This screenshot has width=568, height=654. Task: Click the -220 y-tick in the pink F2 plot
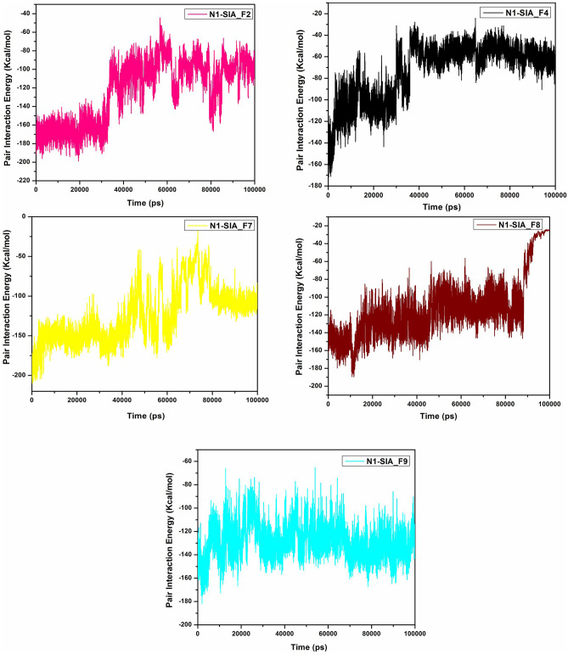coord(23,181)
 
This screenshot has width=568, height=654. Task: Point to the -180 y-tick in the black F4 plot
coord(316,186)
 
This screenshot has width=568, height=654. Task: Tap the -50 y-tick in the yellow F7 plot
coord(21,255)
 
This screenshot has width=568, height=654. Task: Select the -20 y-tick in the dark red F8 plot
coord(316,226)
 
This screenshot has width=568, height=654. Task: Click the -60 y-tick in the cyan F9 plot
coord(186,461)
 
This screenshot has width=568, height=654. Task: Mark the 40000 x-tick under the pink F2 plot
coord(124,190)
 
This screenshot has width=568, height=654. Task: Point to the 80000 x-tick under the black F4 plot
coord(509,194)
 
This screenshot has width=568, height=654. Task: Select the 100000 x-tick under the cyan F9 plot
coord(414,633)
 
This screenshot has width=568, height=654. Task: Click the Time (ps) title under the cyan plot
coord(306,646)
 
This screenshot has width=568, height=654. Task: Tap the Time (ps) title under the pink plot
coord(146,204)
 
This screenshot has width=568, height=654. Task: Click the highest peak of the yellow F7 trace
coord(197,231)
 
